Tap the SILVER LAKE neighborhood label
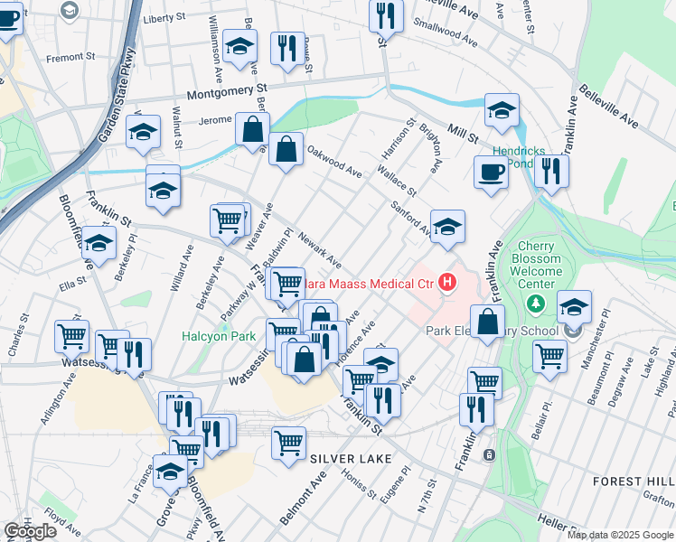(352, 459)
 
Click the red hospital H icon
(447, 284)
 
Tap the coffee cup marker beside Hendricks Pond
(491, 172)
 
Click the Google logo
(31, 531)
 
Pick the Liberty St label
(164, 17)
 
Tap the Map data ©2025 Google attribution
(619, 535)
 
